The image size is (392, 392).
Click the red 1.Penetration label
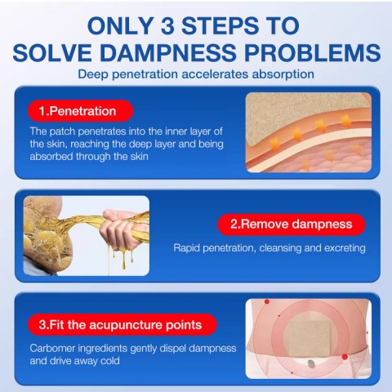coord(80,111)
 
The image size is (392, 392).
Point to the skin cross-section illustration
coord(308,131)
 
